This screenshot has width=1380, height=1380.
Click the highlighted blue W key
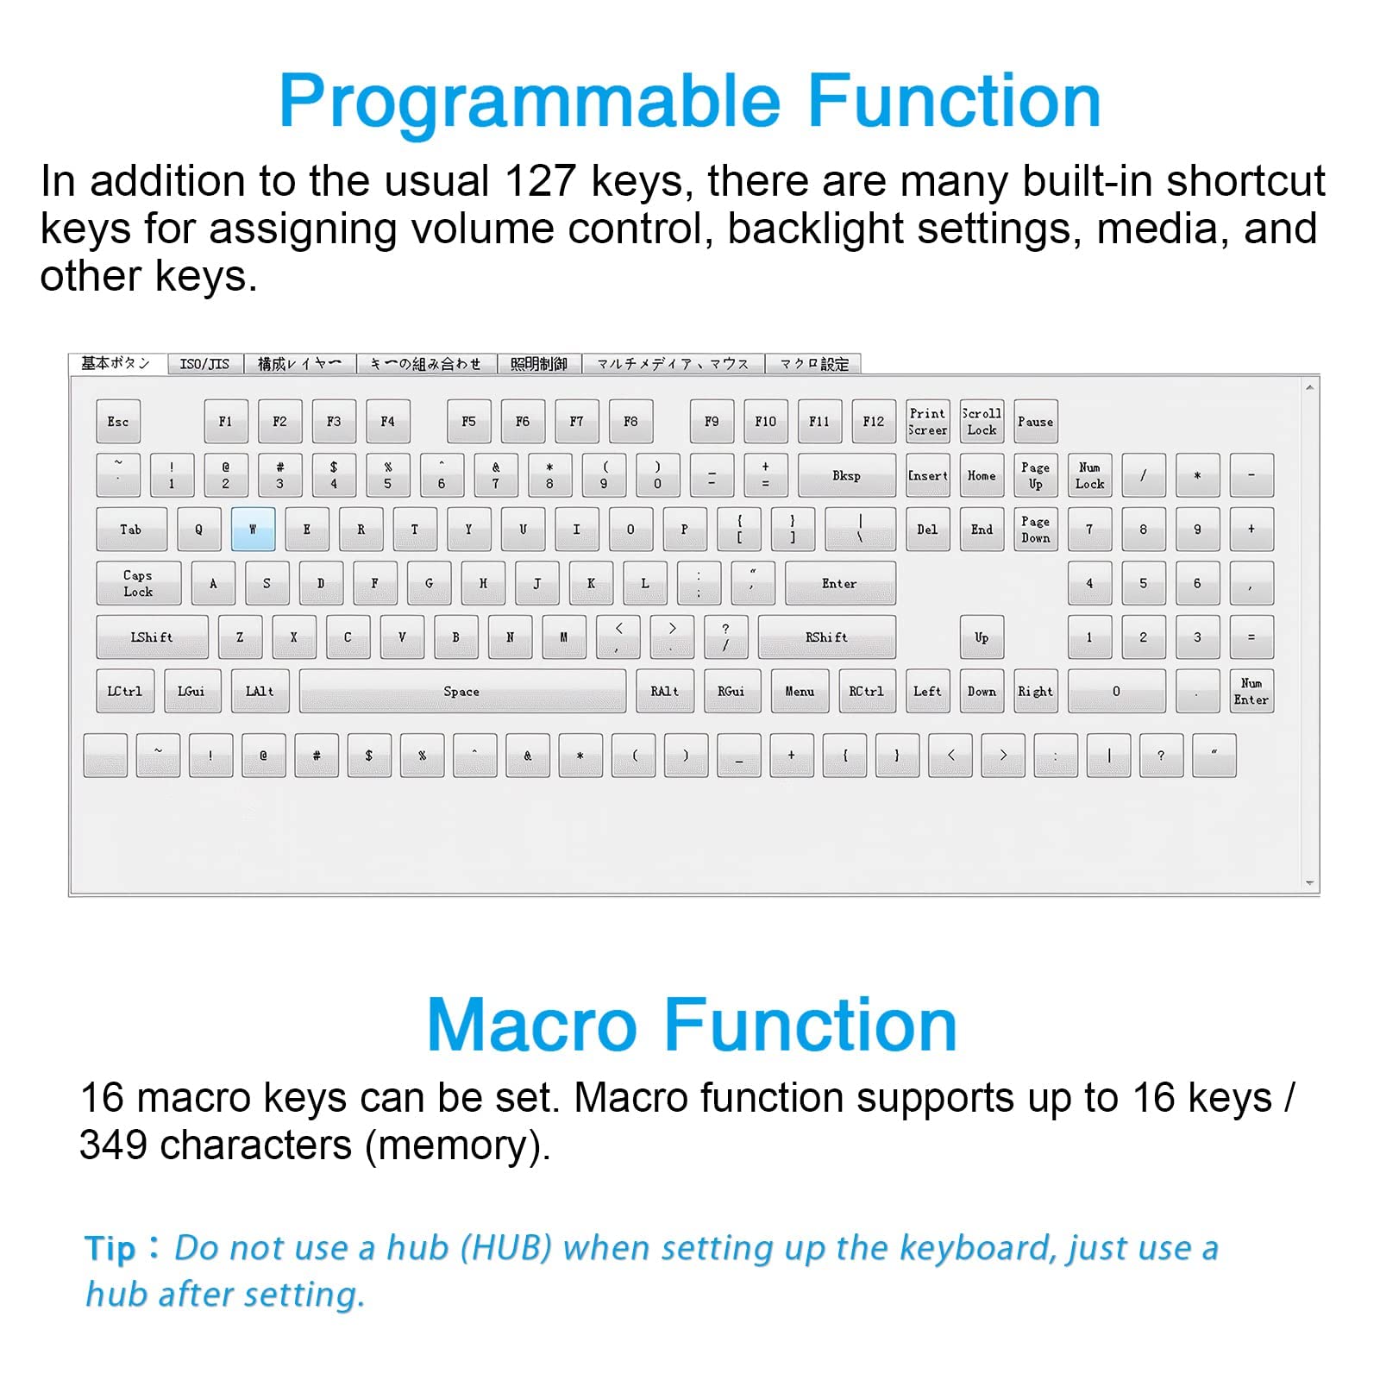253,529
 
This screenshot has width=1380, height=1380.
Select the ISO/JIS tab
204,364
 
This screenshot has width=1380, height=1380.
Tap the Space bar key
461,691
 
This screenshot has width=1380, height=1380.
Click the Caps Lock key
138,583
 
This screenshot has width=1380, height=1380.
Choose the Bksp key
846,475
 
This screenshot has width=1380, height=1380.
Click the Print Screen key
927,421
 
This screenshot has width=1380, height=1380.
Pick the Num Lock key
1089,475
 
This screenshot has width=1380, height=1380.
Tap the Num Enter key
1251,691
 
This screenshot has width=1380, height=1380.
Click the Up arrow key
982,637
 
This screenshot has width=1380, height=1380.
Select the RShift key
826,637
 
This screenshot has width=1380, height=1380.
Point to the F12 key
873,421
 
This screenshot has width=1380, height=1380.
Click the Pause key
1035,421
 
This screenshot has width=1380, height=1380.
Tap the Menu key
799,691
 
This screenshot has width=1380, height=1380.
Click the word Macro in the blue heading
531,1025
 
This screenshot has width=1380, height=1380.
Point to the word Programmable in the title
530,102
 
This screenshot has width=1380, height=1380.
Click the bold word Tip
110,1249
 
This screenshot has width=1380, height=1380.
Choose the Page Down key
1035,529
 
